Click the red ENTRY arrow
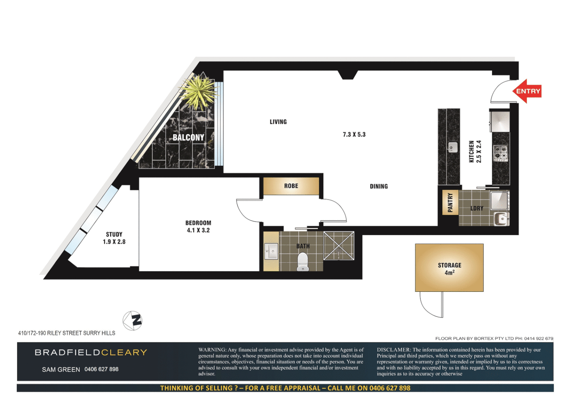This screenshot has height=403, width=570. tap(527, 91)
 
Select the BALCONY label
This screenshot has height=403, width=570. tap(188, 137)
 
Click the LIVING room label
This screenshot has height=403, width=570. tap(278, 122)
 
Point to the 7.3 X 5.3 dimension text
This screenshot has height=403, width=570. tap(354, 134)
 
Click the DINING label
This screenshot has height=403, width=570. tap(379, 186)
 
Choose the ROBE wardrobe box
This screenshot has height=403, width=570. tap(291, 186)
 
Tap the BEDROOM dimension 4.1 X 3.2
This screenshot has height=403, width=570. tap(198, 230)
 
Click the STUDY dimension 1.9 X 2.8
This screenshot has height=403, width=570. tap(114, 242)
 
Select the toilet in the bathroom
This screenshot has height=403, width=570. tap(303, 262)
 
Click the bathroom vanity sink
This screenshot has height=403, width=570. tap(271, 251)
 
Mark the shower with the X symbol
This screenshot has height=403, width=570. tap(338, 246)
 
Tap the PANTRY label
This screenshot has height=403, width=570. tap(450, 202)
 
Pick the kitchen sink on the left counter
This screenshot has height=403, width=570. tap(453, 147)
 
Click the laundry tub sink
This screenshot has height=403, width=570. tap(501, 219)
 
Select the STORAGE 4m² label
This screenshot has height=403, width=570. tap(450, 269)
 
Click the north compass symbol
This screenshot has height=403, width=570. tap(132, 321)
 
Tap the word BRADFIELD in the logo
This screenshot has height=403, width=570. tap(68, 353)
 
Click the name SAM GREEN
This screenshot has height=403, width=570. tap(61, 369)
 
